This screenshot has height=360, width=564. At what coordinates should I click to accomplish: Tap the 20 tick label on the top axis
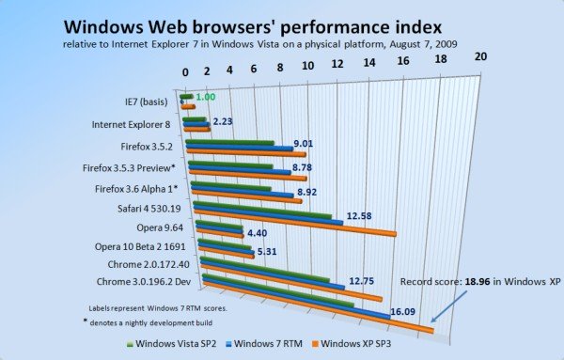[481, 56]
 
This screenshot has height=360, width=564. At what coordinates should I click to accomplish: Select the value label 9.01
[303, 143]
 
